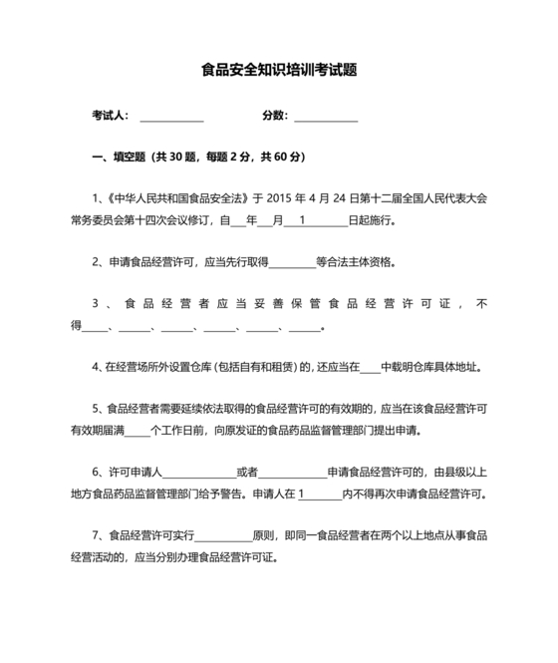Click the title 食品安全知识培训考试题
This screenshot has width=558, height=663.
pyautogui.click(x=279, y=71)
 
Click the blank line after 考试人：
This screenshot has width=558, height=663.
pyautogui.click(x=171, y=117)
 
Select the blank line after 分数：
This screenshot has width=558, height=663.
pyautogui.click(x=326, y=117)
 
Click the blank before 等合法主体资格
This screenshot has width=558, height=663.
pyautogui.click(x=292, y=264)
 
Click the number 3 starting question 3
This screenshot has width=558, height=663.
pyautogui.click(x=94, y=305)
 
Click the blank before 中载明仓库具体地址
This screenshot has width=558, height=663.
pyautogui.click(x=370, y=368)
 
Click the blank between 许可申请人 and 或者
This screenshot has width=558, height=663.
pyautogui.click(x=198, y=473)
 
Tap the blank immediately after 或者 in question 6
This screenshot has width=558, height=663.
pyautogui.click(x=293, y=473)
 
